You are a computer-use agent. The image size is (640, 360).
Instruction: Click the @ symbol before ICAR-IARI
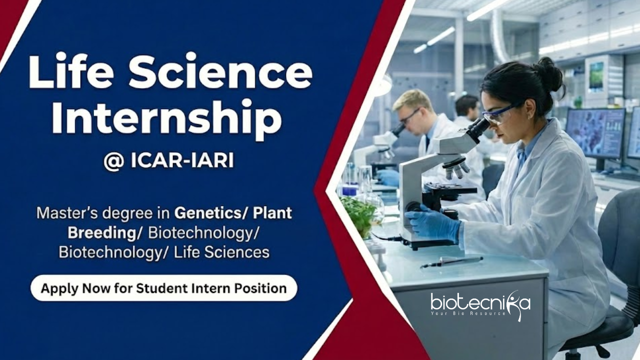pyautogui.click(x=113, y=161)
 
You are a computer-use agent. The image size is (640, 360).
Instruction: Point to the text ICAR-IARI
pyautogui.click(x=182, y=161)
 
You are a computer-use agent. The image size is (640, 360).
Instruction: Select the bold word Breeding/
pyautogui.click(x=104, y=233)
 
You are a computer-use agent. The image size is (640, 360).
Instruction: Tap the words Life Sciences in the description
pyautogui.click(x=221, y=252)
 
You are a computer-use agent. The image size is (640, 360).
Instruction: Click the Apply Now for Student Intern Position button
pyautogui.click(x=163, y=288)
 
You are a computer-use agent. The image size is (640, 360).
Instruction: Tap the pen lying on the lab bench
pyautogui.click(x=451, y=261)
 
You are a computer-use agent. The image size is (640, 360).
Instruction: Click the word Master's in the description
pyautogui.click(x=67, y=213)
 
